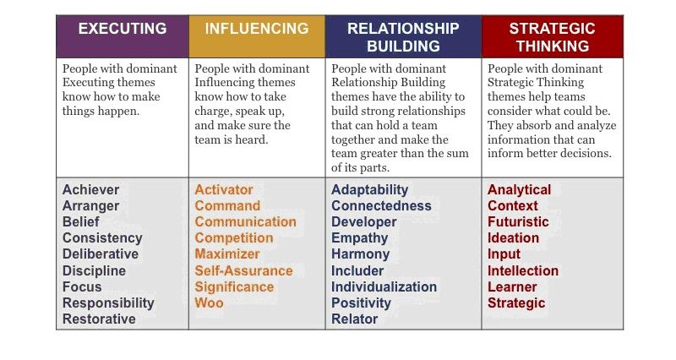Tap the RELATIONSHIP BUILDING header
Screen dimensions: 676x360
(x=403, y=37)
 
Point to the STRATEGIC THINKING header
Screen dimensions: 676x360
(x=553, y=37)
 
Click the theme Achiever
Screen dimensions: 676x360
(x=91, y=189)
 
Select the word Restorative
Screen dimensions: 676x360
(x=99, y=319)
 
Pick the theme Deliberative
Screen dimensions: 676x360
(x=101, y=254)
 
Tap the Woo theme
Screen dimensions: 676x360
(x=209, y=303)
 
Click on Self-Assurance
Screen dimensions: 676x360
(x=243, y=270)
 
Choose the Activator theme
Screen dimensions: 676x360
(x=224, y=189)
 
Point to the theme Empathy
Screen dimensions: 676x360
(x=360, y=238)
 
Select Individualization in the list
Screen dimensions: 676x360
(x=384, y=286)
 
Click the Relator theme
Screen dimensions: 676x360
(x=354, y=319)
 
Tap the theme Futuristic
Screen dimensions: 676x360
(x=518, y=221)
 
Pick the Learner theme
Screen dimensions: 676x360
(x=512, y=286)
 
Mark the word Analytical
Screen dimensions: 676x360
(x=520, y=190)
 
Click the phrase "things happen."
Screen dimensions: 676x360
(x=101, y=112)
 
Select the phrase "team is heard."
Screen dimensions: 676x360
(x=231, y=139)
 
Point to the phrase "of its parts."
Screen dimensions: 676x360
(x=361, y=167)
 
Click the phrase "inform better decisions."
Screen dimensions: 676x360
(x=550, y=153)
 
